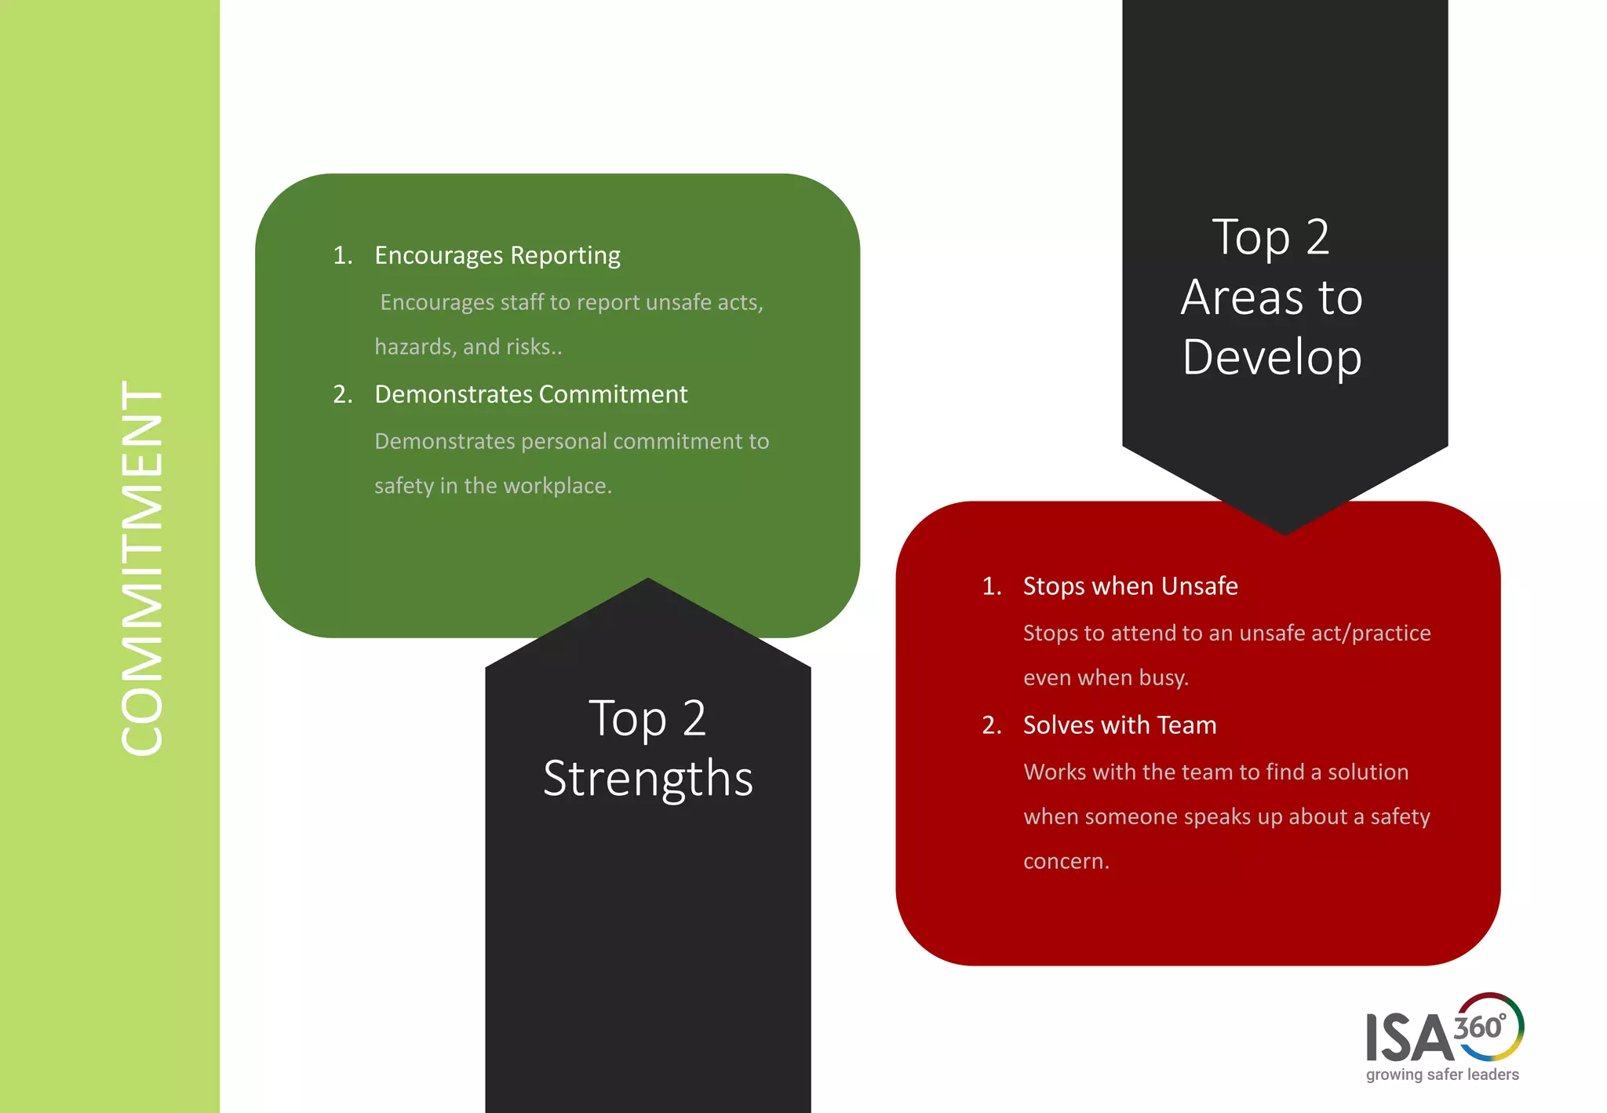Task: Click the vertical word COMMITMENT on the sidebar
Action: (142, 568)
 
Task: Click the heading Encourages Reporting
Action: (497, 256)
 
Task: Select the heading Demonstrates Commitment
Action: (530, 394)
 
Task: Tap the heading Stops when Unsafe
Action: (1130, 586)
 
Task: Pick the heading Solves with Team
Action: (1120, 725)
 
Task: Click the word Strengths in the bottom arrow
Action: (648, 779)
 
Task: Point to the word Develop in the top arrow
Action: (1272, 358)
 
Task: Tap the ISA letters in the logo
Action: (1408, 1038)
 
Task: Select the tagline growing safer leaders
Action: (1442, 1075)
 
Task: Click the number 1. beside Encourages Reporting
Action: (343, 256)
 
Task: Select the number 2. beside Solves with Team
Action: (992, 725)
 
